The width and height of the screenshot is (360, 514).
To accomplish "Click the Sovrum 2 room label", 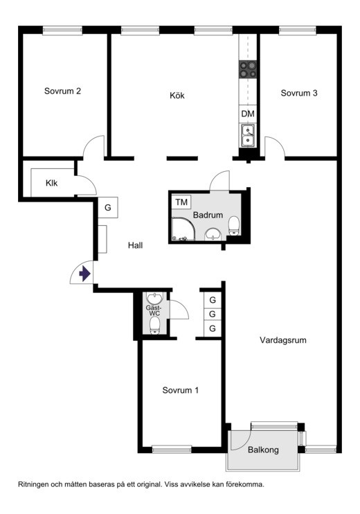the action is (x=62, y=91).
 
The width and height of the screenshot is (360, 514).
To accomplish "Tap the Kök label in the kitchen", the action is (x=177, y=96).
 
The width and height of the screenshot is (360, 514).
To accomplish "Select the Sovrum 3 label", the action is (x=299, y=93).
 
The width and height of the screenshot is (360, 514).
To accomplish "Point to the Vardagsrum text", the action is (x=283, y=340).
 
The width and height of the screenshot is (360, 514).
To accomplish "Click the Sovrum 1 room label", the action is (x=181, y=390).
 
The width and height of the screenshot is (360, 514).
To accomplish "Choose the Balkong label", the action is (x=263, y=450).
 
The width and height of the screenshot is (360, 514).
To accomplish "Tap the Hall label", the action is (x=135, y=245).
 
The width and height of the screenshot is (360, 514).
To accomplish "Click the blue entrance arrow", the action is (x=84, y=274).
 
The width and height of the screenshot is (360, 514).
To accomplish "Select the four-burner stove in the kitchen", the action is (x=248, y=69).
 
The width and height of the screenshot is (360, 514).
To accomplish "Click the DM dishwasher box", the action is (x=248, y=114).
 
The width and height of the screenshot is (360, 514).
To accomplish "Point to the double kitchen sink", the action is (x=248, y=135).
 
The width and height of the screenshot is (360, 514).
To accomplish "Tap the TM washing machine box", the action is (x=181, y=202).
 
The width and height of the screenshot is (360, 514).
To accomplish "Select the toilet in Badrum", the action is (x=234, y=226).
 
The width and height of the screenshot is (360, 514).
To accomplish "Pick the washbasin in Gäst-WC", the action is (x=154, y=298).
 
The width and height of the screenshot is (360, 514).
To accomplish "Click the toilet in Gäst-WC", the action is (x=154, y=326).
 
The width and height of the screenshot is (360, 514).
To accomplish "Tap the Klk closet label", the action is (x=51, y=183).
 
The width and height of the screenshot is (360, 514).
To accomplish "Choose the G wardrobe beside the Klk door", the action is (x=108, y=208).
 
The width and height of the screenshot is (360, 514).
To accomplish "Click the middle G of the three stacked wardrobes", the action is (x=213, y=314).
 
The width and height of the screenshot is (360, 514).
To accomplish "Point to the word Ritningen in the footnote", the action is (x=34, y=484).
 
